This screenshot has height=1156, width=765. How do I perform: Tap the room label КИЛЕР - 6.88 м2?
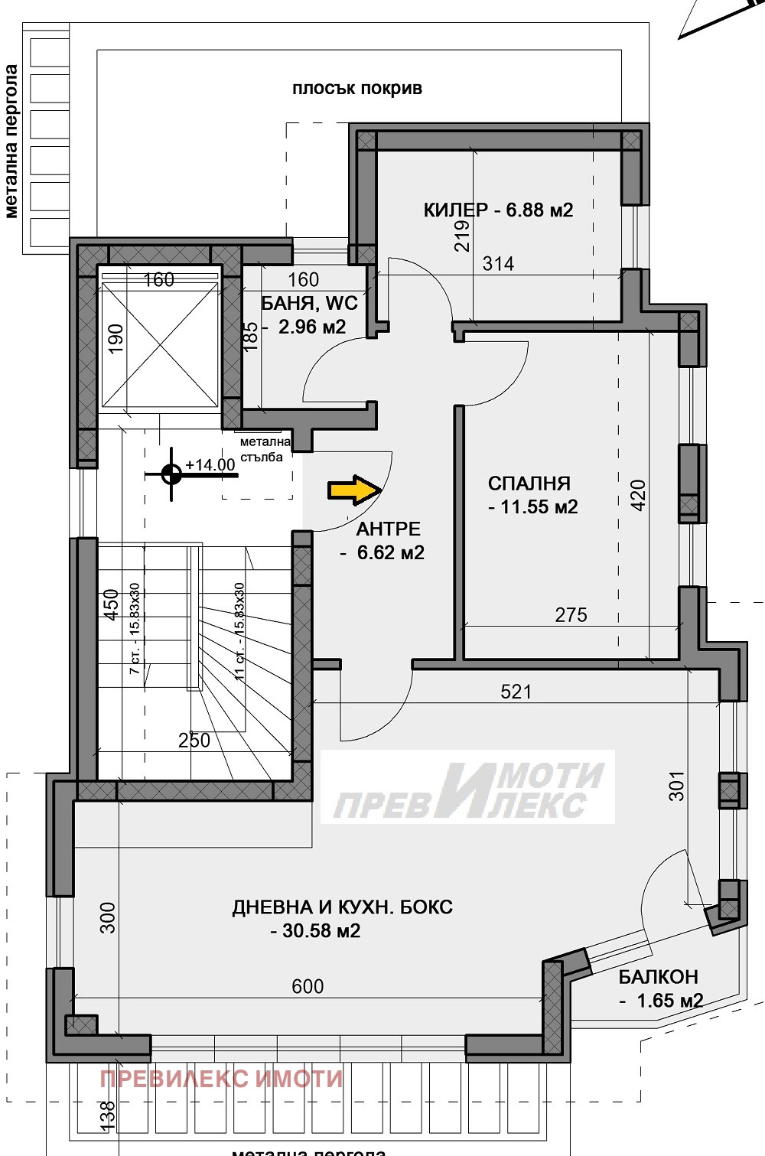click(x=498, y=210)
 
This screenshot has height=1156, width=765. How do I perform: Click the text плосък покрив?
click(x=356, y=89)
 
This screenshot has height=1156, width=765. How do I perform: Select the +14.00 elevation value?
click(x=210, y=465)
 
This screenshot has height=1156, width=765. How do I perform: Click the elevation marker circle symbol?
click(x=171, y=475)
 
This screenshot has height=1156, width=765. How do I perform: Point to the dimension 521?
click(x=516, y=692)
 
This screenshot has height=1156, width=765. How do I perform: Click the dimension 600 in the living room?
click(x=308, y=986)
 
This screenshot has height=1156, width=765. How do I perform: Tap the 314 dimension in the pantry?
click(x=498, y=264)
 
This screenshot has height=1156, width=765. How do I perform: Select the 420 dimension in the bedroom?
click(x=637, y=494)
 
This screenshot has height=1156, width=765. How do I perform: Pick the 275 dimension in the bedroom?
click(x=571, y=614)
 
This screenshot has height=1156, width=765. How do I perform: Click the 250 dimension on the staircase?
click(x=194, y=740)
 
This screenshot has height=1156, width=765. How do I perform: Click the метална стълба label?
click(x=265, y=449)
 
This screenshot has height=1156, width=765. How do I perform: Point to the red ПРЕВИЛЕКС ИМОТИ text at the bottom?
click(x=221, y=1079)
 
